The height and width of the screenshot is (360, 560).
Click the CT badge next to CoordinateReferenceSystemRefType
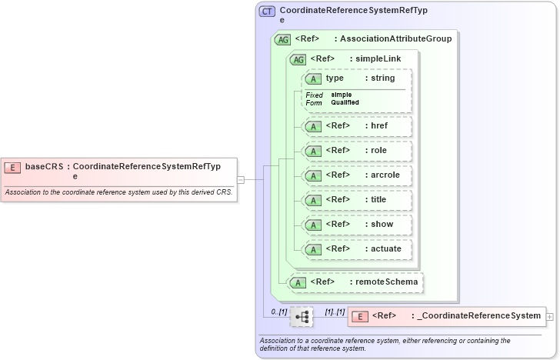click(267, 12)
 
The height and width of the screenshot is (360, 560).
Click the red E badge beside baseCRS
click(12, 166)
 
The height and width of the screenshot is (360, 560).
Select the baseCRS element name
click(43, 166)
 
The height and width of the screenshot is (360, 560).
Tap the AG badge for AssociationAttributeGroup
click(282, 39)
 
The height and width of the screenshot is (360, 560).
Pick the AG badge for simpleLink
click(296, 59)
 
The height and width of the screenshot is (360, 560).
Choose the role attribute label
click(378, 151)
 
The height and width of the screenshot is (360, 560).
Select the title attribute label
click(378, 200)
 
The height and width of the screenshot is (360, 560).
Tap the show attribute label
click(381, 225)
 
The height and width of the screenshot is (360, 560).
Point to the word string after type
click(382, 78)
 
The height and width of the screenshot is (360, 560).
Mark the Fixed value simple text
click(342, 95)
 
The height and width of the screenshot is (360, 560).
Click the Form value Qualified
click(345, 102)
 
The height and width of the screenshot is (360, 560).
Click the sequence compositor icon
click(302, 316)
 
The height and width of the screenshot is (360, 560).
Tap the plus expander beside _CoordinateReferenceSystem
click(549, 316)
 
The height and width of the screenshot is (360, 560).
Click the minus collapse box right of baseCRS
click(241, 179)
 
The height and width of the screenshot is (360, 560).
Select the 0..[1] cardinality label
click(278, 312)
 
